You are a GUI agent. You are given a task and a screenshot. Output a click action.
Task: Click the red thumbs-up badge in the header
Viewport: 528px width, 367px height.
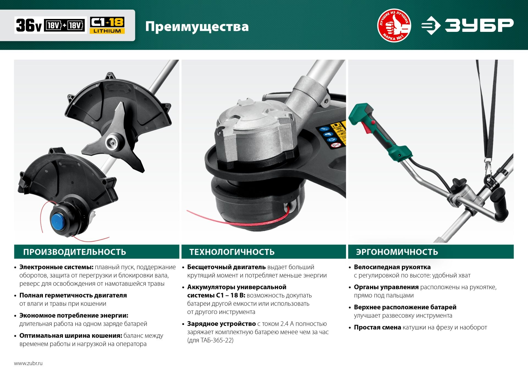[x=394, y=25]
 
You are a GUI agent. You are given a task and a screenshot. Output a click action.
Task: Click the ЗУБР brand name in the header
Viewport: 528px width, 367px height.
[x=479, y=25]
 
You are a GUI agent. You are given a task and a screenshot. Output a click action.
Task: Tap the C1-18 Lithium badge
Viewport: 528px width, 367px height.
[x=107, y=25]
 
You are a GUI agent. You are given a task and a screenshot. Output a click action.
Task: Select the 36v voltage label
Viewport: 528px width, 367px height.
[x=29, y=25]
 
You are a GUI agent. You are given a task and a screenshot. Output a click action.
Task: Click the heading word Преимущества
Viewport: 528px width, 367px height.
[x=197, y=27]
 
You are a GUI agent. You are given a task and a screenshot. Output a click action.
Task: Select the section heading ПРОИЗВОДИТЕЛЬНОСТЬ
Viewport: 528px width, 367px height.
[x=75, y=252]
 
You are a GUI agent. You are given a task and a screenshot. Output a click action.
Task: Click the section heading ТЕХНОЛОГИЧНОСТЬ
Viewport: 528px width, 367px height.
[x=232, y=252]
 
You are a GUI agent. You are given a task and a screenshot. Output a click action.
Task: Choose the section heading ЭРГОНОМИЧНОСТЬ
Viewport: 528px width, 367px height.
[x=397, y=252]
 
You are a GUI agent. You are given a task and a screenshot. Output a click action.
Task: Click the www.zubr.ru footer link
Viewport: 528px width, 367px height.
[x=28, y=363]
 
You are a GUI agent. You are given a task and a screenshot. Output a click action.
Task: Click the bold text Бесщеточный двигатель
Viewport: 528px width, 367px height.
[x=226, y=267]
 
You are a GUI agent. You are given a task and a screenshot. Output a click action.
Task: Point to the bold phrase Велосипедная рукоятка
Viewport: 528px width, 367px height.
[x=392, y=267]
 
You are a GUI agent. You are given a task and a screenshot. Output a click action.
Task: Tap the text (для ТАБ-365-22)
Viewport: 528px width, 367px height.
[x=210, y=340]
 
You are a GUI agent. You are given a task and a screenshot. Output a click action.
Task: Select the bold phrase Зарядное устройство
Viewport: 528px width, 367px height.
[x=221, y=324]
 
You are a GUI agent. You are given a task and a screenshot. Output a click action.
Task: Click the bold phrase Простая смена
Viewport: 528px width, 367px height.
[x=377, y=327]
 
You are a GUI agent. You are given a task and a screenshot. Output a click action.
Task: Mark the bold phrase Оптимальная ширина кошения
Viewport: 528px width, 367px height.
[x=71, y=336]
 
